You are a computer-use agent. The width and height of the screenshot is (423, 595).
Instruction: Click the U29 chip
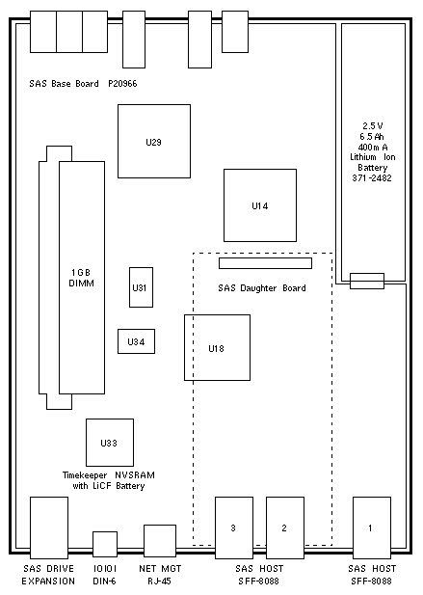[154, 141]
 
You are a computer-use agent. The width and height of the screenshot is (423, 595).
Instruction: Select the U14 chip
[260, 205]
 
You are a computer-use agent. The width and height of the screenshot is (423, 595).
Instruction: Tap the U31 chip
[141, 287]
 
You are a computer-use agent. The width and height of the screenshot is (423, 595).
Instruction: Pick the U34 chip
[136, 341]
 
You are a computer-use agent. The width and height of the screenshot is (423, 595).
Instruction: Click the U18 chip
[217, 347]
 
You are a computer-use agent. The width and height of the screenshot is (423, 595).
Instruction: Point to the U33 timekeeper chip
[110, 443]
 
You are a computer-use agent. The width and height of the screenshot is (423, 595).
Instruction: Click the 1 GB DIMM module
[82, 278]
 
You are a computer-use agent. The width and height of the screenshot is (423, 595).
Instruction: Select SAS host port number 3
[234, 527]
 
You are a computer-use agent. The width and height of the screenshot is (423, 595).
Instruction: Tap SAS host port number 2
[285, 527]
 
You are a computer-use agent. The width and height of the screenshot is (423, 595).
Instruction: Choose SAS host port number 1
[372, 527]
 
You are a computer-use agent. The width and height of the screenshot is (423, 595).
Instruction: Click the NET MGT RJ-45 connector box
[160, 541]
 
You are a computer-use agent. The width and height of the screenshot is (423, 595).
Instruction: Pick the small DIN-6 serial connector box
[105, 544]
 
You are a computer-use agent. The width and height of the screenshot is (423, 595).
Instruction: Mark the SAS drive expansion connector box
[49, 527]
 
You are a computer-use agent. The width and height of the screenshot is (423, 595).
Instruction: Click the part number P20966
[122, 84]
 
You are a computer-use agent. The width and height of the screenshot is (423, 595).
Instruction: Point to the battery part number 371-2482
[372, 177]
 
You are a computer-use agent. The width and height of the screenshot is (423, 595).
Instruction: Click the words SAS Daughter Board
[262, 288]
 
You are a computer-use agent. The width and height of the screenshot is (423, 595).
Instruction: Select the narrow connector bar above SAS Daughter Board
[265, 263]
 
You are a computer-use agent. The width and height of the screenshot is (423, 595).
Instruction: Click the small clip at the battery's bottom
[367, 281]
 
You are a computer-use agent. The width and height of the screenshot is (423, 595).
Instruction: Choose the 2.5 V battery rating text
[373, 126]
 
